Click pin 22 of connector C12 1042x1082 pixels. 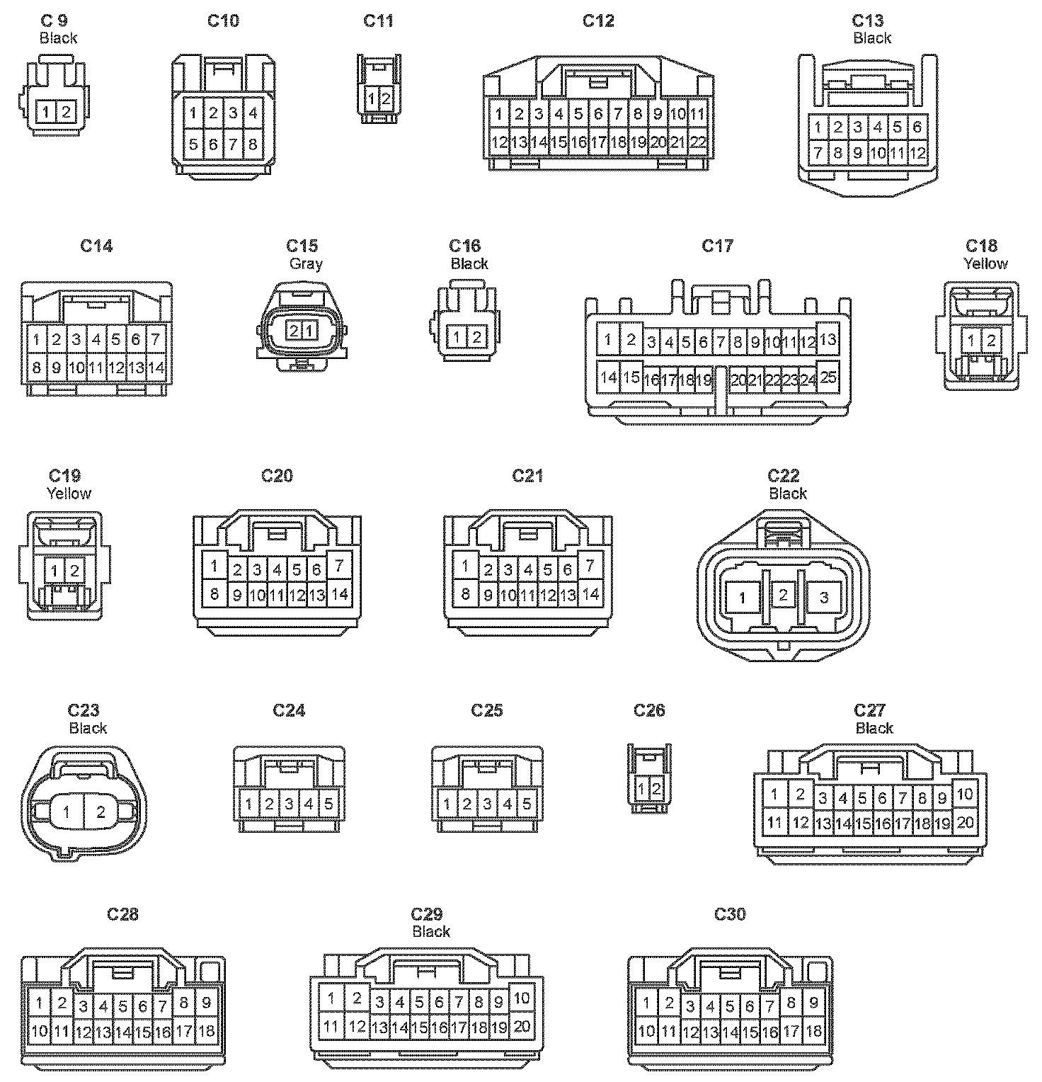click(x=698, y=142)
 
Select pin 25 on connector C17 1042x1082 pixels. click(x=828, y=377)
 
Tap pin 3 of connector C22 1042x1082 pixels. click(x=823, y=598)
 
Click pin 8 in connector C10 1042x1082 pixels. click(x=253, y=144)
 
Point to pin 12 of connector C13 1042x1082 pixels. click(x=917, y=152)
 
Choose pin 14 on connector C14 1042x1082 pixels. click(x=156, y=368)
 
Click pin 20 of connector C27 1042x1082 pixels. click(x=965, y=822)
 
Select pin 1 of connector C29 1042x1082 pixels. click(x=331, y=999)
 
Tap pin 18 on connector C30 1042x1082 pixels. click(x=814, y=1031)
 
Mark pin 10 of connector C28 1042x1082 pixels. click(x=40, y=1031)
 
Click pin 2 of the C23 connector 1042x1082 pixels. click(x=101, y=812)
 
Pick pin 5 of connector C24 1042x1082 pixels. click(x=329, y=804)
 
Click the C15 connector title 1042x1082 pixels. click(x=302, y=246)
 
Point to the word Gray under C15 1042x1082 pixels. click(x=306, y=263)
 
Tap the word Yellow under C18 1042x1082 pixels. click(x=985, y=263)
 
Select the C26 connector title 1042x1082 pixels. click(x=649, y=710)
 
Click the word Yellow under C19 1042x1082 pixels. click(x=69, y=493)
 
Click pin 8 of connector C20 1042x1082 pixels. click(x=214, y=593)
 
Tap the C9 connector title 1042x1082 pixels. click(x=55, y=21)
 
